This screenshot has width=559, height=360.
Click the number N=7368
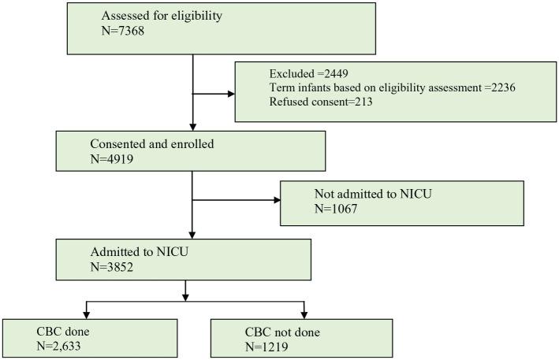[121, 32]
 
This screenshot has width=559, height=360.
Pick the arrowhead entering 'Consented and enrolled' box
[192, 126]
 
